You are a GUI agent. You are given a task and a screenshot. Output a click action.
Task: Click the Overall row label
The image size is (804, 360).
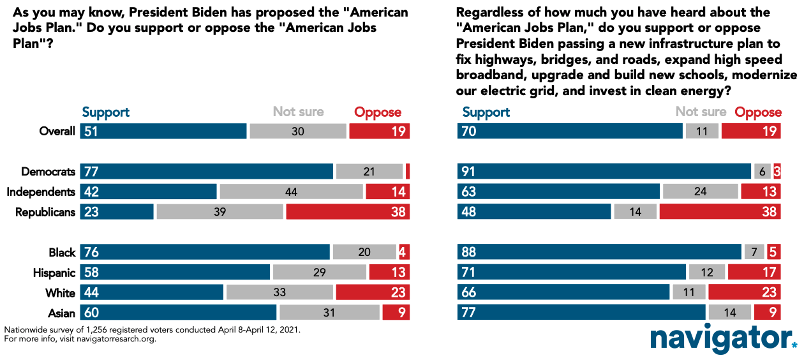57,131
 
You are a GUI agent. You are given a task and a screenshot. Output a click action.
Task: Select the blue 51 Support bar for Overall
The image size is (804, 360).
163,131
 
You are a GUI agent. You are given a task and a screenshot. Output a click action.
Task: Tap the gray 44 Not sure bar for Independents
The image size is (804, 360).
291,192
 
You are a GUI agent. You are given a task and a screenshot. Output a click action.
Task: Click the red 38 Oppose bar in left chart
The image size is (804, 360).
348,212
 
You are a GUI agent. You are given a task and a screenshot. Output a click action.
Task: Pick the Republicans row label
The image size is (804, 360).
45,212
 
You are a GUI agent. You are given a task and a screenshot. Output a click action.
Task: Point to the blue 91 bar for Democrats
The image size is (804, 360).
604,172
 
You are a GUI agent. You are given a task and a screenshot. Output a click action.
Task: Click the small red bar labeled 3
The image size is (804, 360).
777,172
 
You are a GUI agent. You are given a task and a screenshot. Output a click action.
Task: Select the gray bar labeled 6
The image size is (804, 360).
762,172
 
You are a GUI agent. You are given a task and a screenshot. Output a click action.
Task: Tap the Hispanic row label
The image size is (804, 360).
54,273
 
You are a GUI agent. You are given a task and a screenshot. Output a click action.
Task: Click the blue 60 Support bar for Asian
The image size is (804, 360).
178,313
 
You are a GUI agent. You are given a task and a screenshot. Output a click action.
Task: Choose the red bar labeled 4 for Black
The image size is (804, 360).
404,252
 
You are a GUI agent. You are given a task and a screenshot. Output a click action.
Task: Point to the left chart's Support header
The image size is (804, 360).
106,112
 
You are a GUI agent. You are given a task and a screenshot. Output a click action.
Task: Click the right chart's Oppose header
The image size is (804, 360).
758,112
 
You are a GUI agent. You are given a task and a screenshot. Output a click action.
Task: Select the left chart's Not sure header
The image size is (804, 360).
298,112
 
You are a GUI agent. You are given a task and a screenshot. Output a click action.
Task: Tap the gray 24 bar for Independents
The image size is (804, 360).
700,192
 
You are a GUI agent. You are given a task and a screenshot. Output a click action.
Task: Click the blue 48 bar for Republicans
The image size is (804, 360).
535,212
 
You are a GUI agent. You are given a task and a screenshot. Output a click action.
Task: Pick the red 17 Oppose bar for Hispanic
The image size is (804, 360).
754,273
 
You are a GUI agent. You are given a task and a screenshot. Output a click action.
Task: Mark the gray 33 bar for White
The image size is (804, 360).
279,293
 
